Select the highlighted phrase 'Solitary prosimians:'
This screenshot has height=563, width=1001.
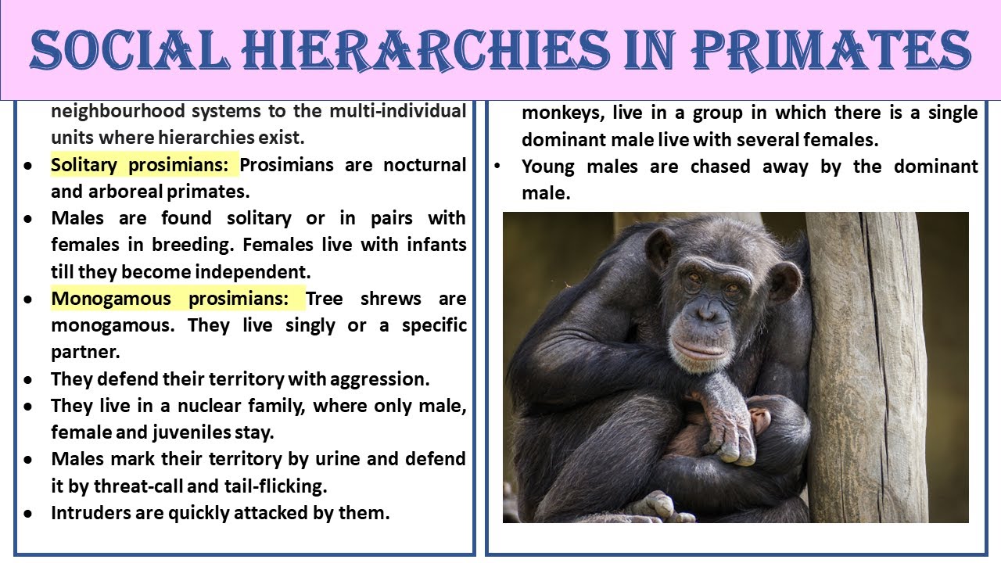click(x=144, y=165)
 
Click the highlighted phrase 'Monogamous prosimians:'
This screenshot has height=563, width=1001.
click(x=178, y=299)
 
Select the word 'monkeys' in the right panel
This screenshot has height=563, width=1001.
click(x=561, y=113)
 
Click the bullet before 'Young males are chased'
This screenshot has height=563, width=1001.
click(x=497, y=167)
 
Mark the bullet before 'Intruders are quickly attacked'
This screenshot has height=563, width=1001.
click(x=28, y=514)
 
